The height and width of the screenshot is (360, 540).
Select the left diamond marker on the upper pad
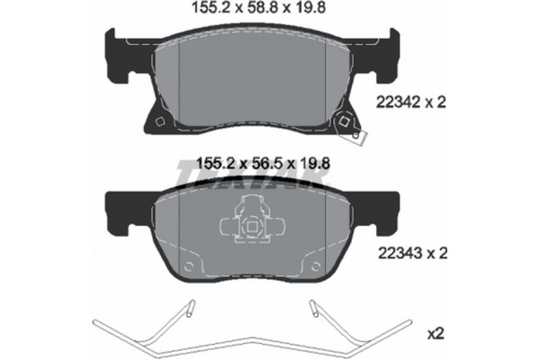point(158,123)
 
